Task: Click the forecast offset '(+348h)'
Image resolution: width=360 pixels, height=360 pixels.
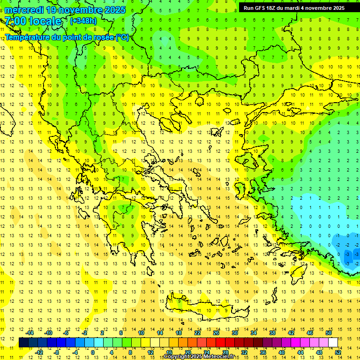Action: [83, 21]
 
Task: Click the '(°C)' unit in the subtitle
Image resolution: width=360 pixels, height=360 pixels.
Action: [122, 37]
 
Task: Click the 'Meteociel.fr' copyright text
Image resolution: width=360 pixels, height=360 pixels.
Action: [222, 357]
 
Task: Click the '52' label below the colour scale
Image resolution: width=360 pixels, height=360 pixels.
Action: [338, 352]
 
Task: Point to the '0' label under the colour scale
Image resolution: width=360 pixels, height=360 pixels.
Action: [92, 352]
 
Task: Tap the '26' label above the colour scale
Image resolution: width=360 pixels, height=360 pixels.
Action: [216, 333]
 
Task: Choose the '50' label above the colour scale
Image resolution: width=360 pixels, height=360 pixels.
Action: [329, 333]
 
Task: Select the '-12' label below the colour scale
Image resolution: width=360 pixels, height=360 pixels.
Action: [39, 352]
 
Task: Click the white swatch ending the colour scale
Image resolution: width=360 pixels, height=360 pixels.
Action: [333, 342]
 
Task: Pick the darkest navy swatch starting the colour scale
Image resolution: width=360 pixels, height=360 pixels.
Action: [23, 342]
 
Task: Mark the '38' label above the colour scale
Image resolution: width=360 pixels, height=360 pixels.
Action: [272, 333]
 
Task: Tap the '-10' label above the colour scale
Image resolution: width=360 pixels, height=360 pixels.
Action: [48, 333]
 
